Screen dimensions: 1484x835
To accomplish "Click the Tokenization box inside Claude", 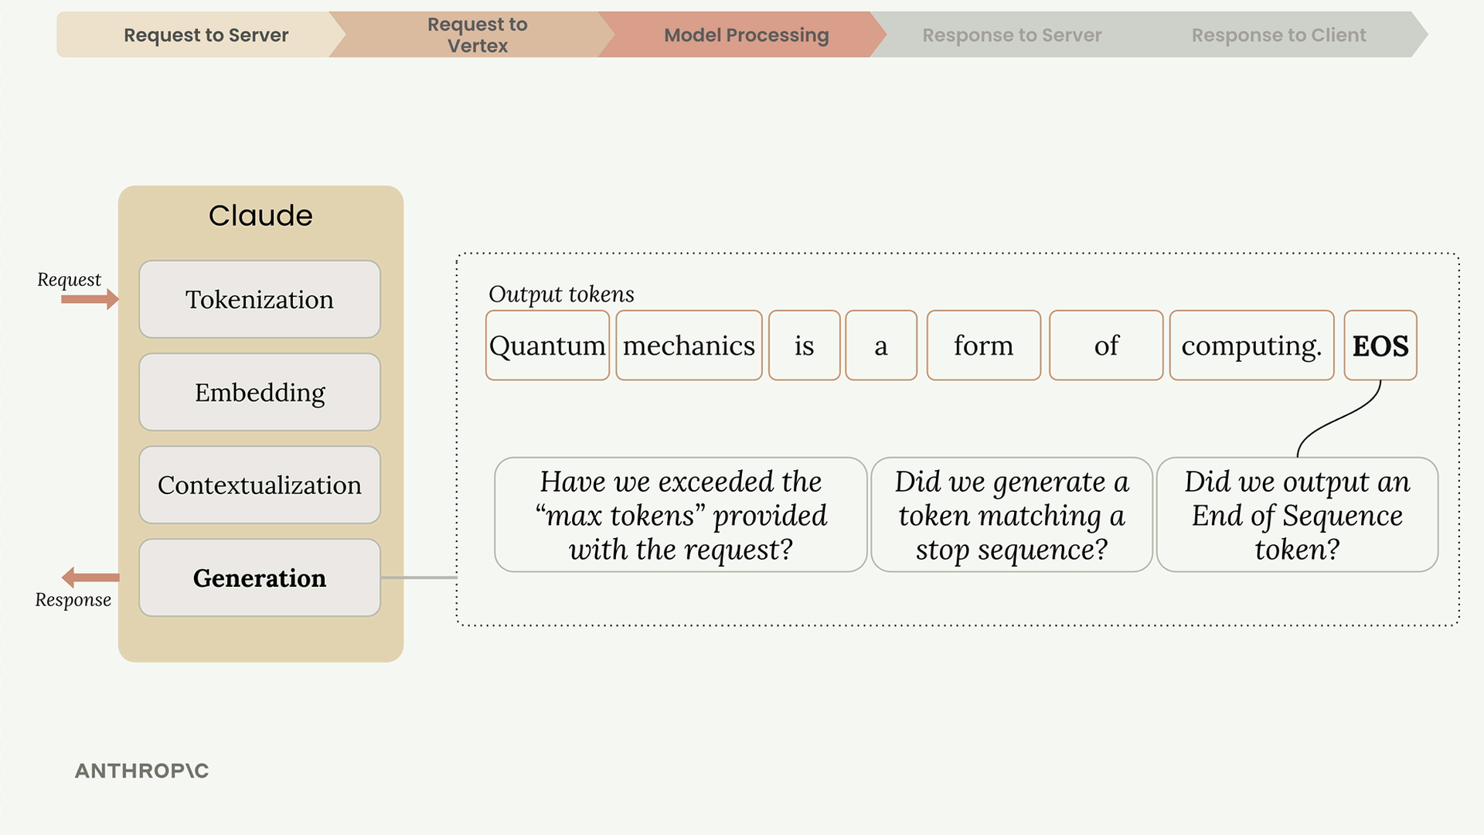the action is (x=260, y=299).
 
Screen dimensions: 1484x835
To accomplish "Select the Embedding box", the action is (x=260, y=392).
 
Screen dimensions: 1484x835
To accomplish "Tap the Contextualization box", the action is (x=260, y=485).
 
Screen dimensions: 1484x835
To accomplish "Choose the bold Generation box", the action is (x=260, y=578).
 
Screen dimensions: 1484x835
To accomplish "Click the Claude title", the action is (x=260, y=216).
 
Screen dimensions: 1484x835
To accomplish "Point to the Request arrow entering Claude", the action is (x=90, y=299).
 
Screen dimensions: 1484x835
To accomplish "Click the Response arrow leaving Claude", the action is (x=90, y=578).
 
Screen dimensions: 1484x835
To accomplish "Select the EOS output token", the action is (x=1380, y=346).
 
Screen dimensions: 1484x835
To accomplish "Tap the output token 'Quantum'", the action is (x=548, y=346).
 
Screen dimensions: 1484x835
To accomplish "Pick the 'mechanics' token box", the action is (x=689, y=346).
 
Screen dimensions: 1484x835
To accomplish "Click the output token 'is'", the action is (x=805, y=346).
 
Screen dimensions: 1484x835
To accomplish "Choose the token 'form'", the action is (x=984, y=346).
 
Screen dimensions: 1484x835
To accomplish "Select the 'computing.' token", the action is (x=1252, y=346).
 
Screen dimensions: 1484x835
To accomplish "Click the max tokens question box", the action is (x=681, y=515).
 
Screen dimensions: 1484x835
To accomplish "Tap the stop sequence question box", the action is (x=1012, y=515).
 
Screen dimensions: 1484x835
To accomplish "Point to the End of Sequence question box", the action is (x=1298, y=515).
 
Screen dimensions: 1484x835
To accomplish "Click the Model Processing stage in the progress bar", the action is (x=746, y=35).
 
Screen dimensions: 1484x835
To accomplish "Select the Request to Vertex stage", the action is (x=477, y=35).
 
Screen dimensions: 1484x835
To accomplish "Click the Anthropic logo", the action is (x=142, y=771).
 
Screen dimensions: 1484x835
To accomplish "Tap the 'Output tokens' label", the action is (x=561, y=295).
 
